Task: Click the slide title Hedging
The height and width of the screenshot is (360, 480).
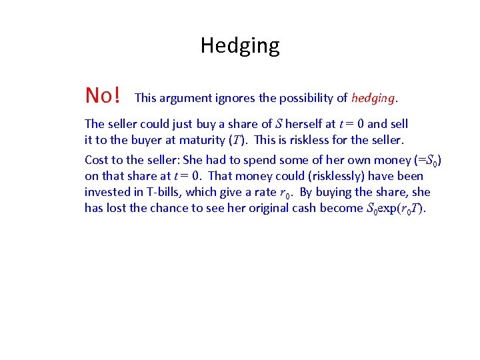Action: (240, 45)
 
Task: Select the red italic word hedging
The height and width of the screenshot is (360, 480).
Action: (373, 98)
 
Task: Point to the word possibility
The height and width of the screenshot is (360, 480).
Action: (307, 98)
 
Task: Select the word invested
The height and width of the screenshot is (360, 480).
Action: (107, 192)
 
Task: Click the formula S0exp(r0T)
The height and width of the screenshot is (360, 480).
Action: (397, 208)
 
